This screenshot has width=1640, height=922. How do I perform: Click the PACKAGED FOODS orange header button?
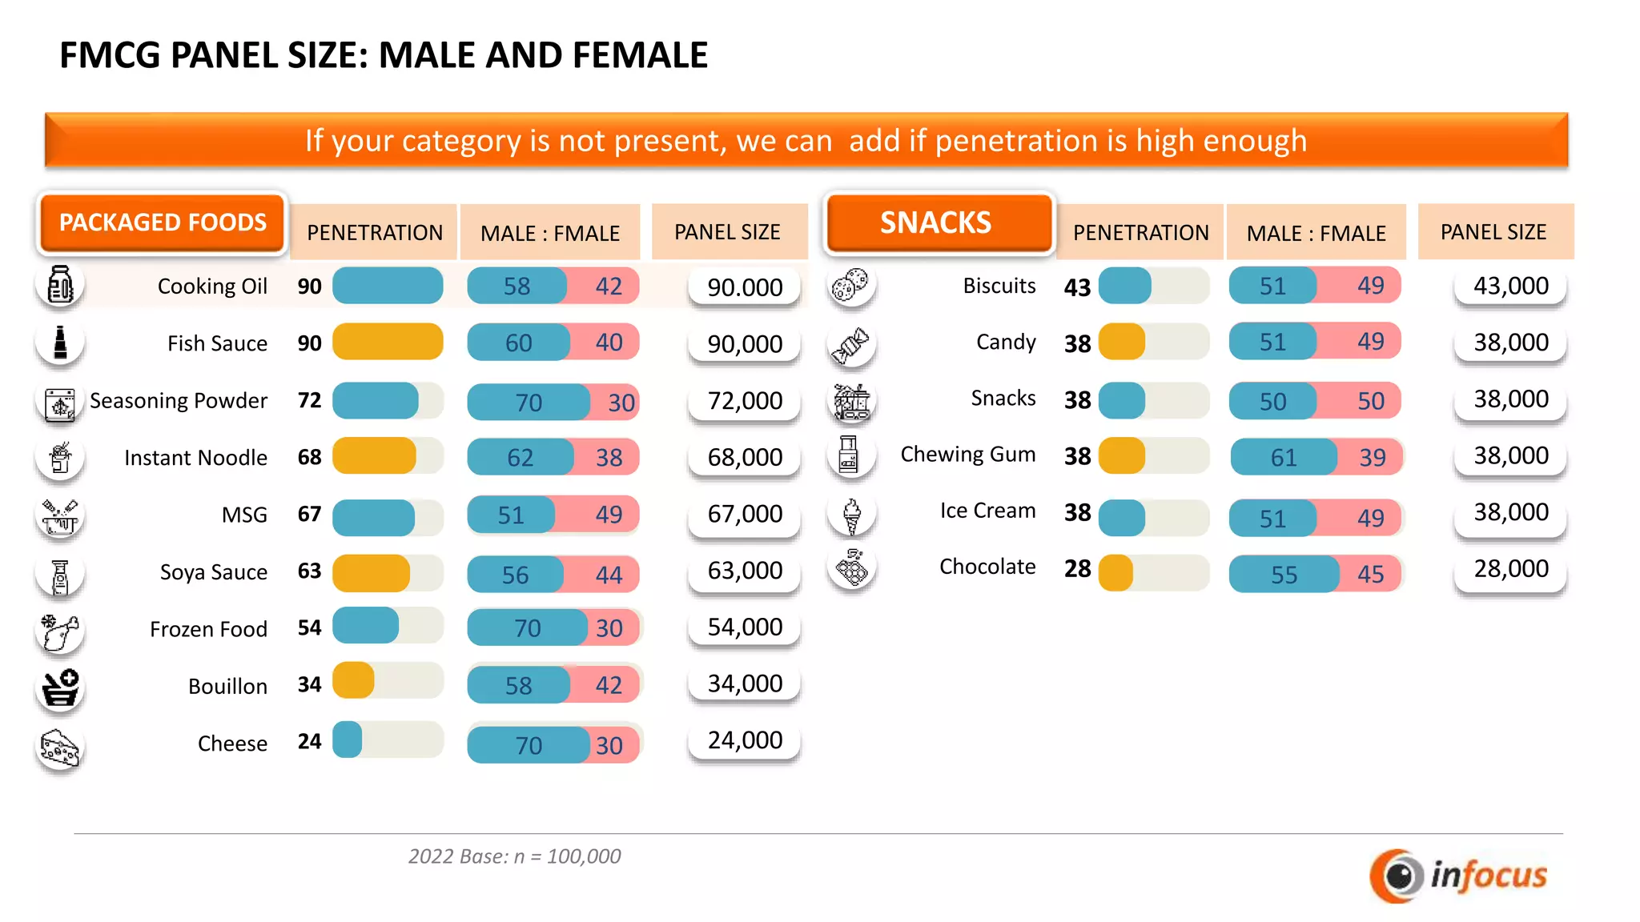click(163, 222)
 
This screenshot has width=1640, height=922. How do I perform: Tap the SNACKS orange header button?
click(938, 222)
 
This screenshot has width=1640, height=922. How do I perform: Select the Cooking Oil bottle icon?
click(60, 286)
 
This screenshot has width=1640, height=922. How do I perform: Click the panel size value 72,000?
click(745, 400)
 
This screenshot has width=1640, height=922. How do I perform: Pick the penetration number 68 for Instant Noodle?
click(309, 457)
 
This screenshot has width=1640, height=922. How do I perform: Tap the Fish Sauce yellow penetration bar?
click(388, 342)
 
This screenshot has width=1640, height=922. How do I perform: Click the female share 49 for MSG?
click(609, 514)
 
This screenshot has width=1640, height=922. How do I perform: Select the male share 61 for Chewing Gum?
click(1283, 457)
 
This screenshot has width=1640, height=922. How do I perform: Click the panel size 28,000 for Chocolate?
click(1511, 568)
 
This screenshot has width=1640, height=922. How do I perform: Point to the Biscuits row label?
click(999, 286)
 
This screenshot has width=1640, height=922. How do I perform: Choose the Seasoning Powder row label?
click(179, 400)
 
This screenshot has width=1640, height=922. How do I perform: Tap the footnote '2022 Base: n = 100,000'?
click(514, 856)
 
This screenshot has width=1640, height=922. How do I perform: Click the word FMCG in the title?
click(110, 55)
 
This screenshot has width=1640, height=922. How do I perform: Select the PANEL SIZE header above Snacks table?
click(1493, 232)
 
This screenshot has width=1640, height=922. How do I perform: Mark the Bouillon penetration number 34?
click(309, 684)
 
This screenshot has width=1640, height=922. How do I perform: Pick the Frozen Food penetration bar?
click(366, 626)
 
